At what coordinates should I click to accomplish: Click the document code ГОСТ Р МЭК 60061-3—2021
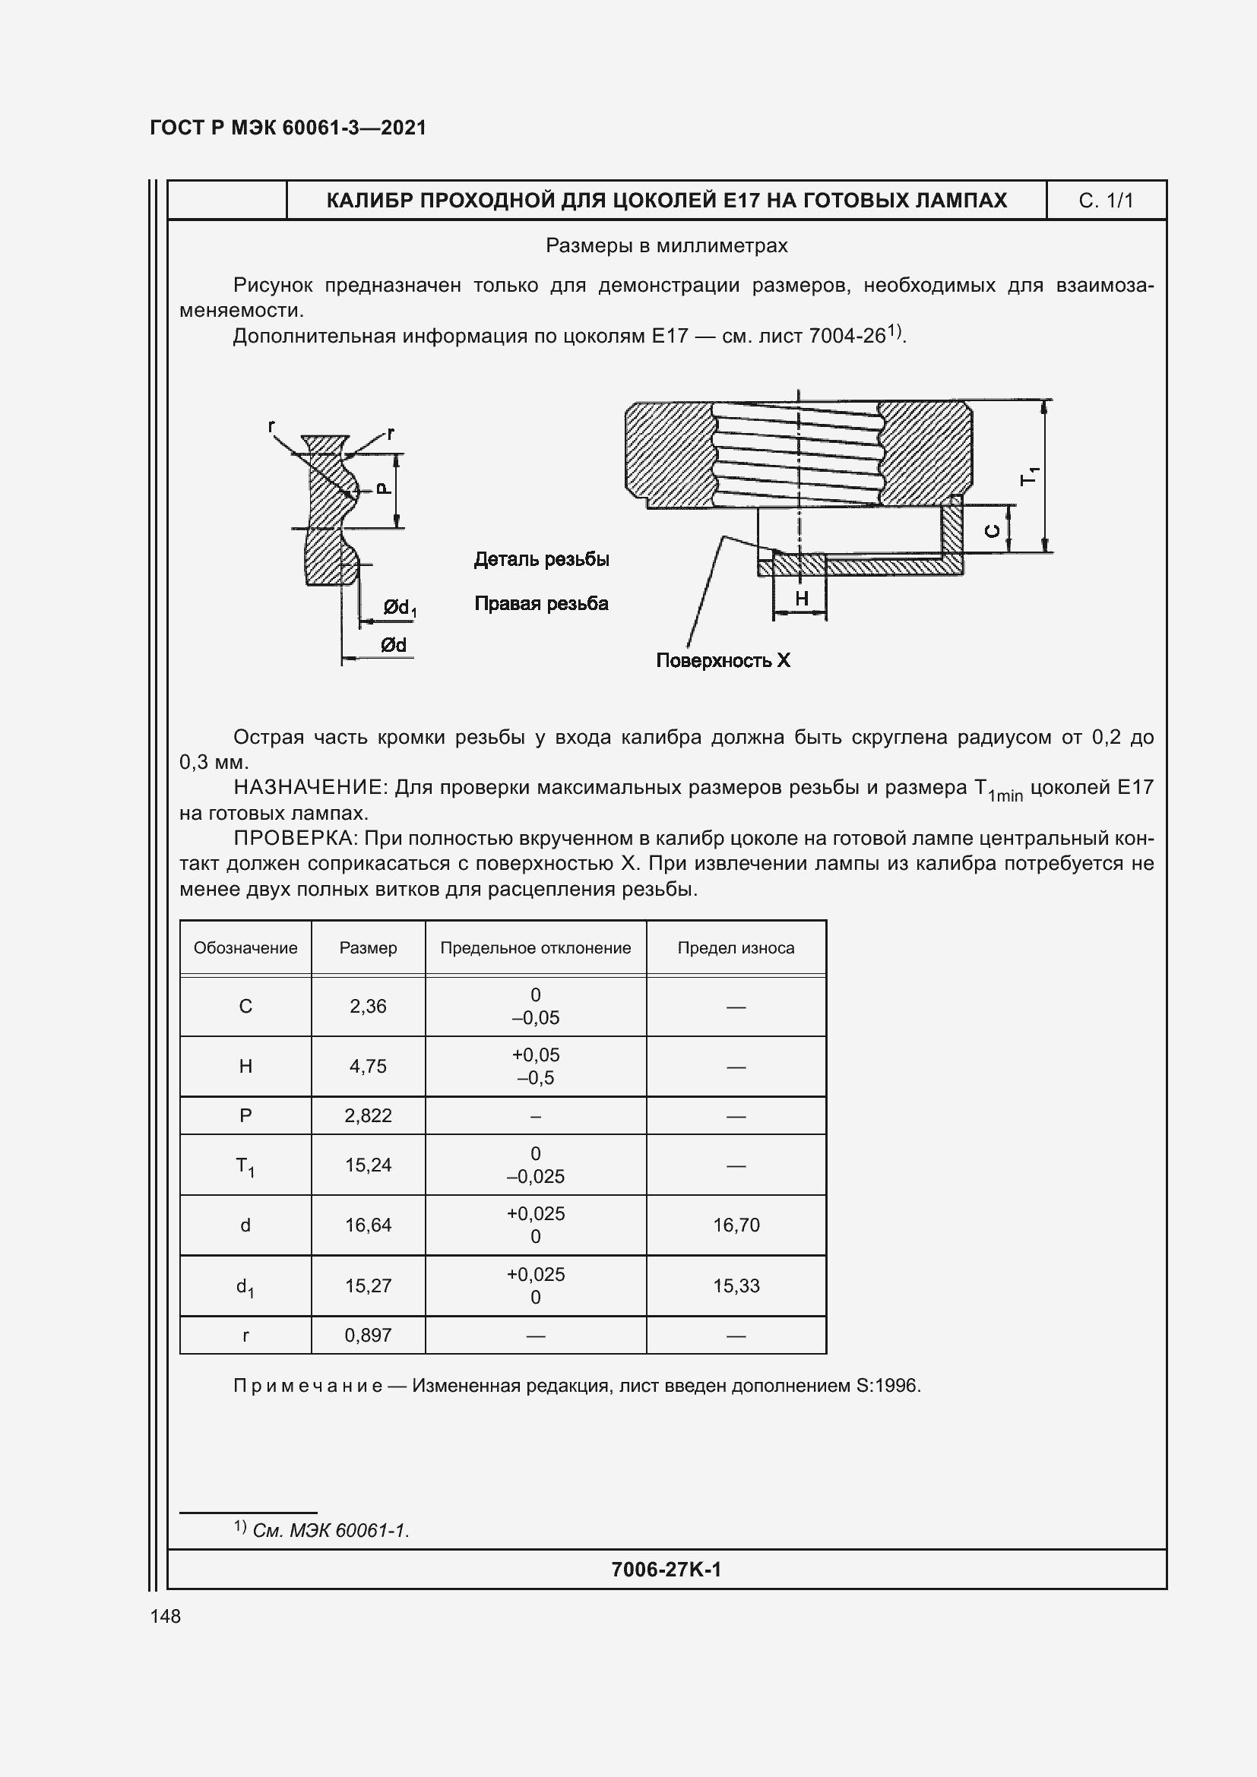[x=288, y=128]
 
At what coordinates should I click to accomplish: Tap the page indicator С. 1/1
[x=1105, y=201]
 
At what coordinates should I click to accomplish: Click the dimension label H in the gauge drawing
[x=801, y=598]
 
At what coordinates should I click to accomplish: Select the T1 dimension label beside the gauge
[x=1030, y=476]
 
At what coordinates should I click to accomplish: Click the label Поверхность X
[x=723, y=660]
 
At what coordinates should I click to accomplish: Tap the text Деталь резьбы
[x=541, y=559]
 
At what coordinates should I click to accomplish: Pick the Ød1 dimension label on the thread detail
[x=399, y=608]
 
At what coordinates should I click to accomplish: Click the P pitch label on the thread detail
[x=383, y=489]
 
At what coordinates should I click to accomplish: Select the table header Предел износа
[x=736, y=948]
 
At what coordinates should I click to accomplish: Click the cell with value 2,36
[x=368, y=1006]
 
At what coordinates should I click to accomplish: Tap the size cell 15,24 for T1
[x=368, y=1165]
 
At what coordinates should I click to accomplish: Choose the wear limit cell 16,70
[x=736, y=1225]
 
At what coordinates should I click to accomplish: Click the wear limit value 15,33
[x=736, y=1285]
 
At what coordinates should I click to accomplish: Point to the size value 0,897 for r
[x=368, y=1335]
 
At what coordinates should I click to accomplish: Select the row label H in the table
[x=245, y=1067]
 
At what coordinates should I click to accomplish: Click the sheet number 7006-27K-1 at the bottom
[x=666, y=1569]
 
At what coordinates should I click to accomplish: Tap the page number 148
[x=165, y=1616]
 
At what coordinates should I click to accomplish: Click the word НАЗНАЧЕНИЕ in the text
[x=309, y=787]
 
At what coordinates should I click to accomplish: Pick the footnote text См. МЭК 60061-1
[x=331, y=1530]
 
